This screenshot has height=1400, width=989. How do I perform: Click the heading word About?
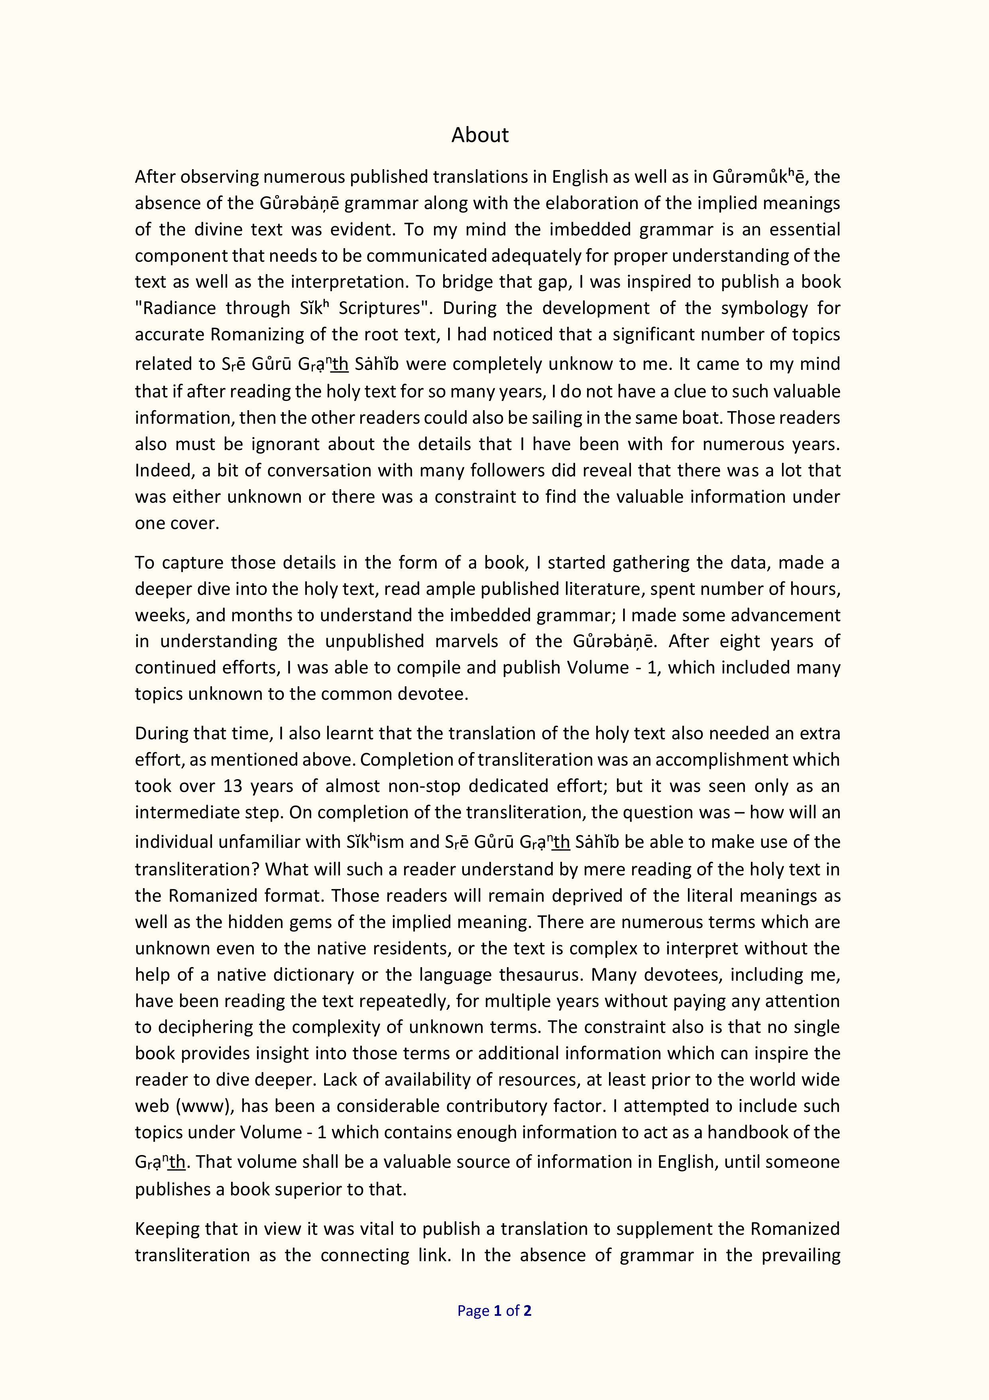tap(480, 135)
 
